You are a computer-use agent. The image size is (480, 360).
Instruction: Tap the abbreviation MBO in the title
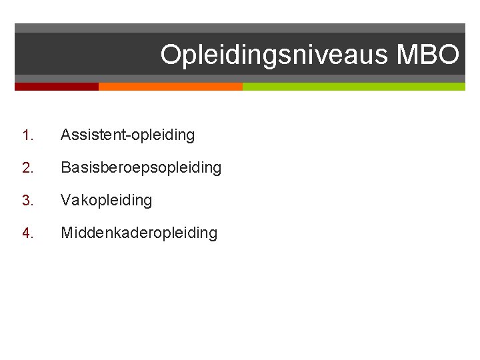[x=427, y=55]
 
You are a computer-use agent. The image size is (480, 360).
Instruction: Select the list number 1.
[x=26, y=135]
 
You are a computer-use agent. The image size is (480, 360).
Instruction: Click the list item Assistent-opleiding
[x=127, y=135]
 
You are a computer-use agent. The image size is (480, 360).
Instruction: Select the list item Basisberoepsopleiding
[x=141, y=168]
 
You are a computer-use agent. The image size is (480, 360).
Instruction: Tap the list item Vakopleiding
[x=106, y=201]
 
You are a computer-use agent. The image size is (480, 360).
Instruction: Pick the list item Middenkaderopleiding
[x=139, y=233]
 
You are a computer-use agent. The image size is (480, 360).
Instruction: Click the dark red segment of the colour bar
[x=57, y=87]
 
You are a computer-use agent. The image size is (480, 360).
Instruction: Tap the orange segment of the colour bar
[x=170, y=87]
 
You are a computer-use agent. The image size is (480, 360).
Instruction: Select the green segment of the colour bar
[x=353, y=87]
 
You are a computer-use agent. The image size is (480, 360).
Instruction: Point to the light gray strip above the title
[x=240, y=28]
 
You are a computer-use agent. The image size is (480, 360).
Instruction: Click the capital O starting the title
[x=171, y=55]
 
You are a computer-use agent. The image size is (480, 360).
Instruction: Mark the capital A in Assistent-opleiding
[x=66, y=135]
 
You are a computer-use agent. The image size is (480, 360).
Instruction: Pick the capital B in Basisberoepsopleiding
[x=66, y=168]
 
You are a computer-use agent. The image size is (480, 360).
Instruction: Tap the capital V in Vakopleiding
[x=66, y=201]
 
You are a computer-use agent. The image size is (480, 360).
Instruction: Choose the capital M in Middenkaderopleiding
[x=67, y=233]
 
